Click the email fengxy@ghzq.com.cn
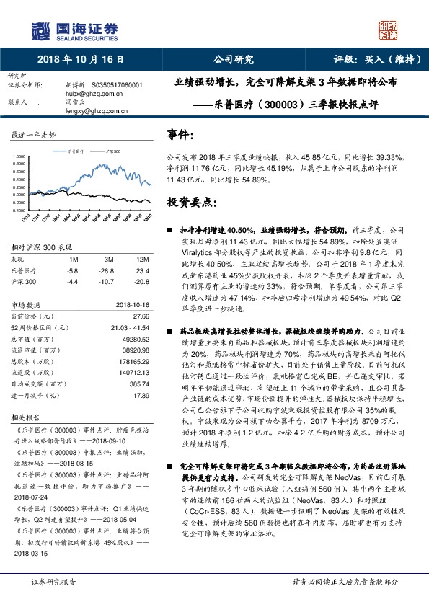97,111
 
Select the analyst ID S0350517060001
115,85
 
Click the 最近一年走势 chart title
33,136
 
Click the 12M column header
142,258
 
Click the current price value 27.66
141,316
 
